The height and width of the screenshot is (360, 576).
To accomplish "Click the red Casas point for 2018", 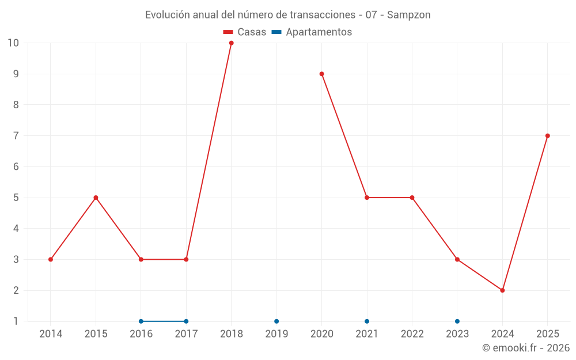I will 231,43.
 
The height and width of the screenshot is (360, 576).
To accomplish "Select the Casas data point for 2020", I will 321,74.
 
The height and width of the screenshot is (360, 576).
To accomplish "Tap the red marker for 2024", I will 502,290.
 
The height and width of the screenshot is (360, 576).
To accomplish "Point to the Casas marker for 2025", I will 547,136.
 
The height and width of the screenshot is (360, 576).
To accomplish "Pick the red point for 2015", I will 96,198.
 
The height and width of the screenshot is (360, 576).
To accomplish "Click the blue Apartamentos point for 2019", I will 276,321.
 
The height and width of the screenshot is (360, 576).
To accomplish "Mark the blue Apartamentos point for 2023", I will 457,321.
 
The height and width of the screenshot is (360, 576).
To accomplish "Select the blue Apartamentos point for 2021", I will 367,321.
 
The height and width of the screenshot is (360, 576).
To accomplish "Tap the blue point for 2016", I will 141,321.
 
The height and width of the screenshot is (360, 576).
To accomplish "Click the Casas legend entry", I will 245,32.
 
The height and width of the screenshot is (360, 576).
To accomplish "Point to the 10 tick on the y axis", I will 13,43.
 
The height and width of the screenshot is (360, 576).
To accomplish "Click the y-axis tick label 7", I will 16,136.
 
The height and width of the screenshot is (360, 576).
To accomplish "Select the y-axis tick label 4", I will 16,229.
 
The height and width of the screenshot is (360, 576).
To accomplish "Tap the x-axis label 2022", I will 412,334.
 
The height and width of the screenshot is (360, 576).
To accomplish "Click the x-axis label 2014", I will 51,334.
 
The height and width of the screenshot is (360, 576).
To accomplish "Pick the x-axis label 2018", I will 231,334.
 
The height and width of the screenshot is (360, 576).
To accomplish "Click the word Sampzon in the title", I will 408,15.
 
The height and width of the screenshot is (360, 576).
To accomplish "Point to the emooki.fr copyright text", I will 526,348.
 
